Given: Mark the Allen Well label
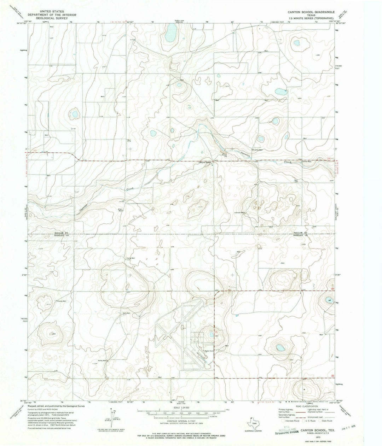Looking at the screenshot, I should (121, 210).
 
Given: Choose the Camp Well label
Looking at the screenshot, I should (129, 258).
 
